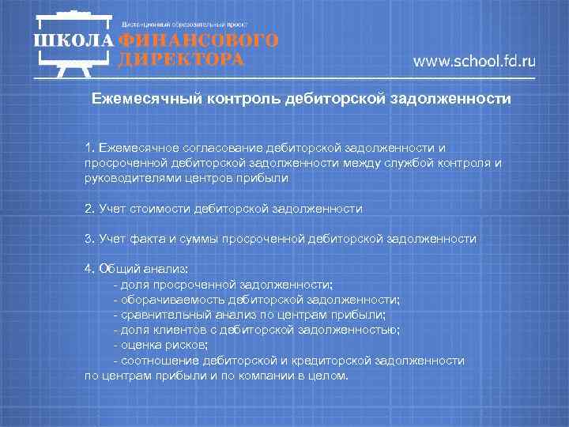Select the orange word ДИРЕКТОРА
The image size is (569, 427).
click(181, 59)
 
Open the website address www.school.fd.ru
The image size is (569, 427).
click(474, 62)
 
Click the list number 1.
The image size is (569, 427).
click(89, 147)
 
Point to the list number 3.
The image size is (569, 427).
click(89, 238)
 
